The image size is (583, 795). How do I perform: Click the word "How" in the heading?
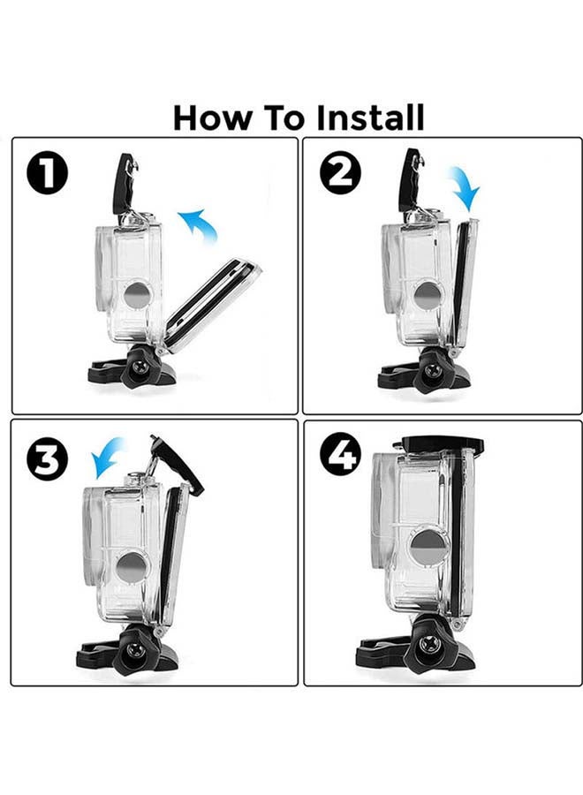pyautogui.click(x=208, y=117)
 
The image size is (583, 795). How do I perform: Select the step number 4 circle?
pyautogui.click(x=340, y=456)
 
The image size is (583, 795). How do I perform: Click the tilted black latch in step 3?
pyautogui.click(x=177, y=463)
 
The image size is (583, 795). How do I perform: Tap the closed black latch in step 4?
pyautogui.click(x=442, y=444)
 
